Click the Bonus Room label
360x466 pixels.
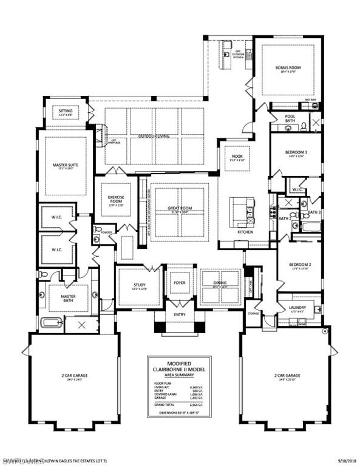coord(284,67)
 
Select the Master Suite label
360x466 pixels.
coord(65,165)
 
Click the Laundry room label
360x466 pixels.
coord(297,308)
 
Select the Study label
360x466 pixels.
coord(140,285)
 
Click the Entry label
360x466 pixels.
coord(179,315)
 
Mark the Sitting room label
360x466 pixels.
coord(66,112)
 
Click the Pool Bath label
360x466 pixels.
coord(290,120)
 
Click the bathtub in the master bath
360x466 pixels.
coord(52,322)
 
